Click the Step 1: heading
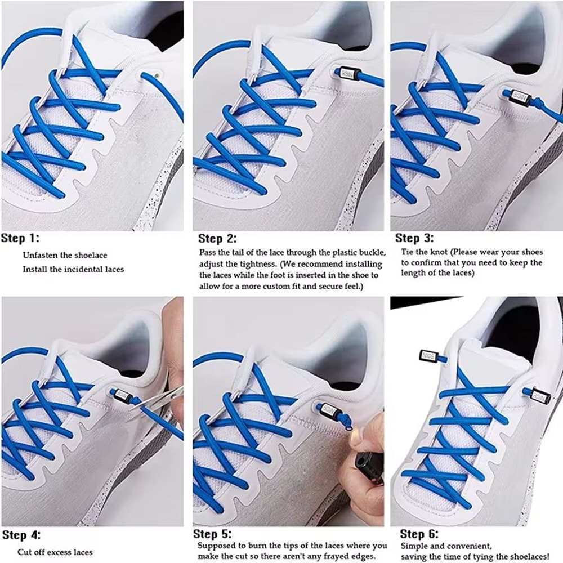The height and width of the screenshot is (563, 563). (x=20, y=238)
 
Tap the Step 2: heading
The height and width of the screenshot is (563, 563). (x=217, y=238)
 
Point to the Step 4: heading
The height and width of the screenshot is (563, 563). (x=21, y=535)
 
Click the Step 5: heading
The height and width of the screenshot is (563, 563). (x=212, y=534)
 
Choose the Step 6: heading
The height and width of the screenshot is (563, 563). (x=419, y=534)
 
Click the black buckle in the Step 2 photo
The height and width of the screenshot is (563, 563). (x=344, y=73)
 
